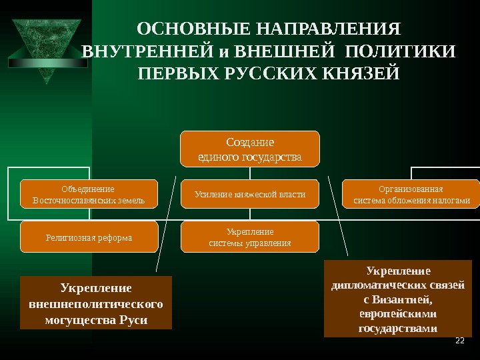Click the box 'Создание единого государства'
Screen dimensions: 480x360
(x=251, y=149)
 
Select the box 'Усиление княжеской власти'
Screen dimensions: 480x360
(x=251, y=195)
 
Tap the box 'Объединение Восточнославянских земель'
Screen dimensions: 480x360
(x=89, y=195)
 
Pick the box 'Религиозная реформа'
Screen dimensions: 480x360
(x=89, y=237)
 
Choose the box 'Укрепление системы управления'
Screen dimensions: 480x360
(x=251, y=237)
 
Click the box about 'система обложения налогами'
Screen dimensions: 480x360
(x=411, y=195)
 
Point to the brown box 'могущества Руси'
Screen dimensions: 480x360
(x=96, y=303)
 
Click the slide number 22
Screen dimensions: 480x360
(x=459, y=341)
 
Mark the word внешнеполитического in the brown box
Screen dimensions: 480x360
(x=96, y=304)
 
